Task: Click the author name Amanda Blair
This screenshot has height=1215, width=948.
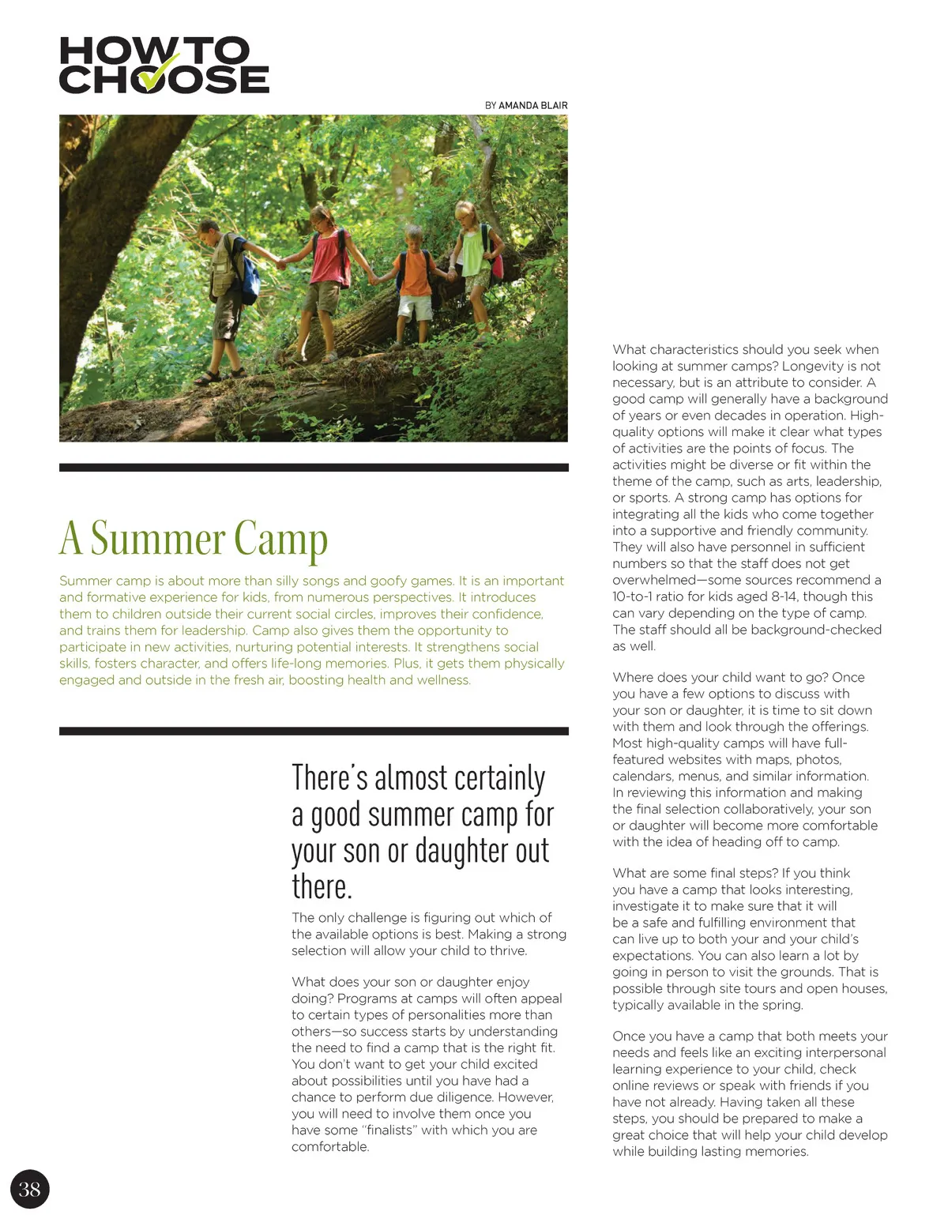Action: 532,105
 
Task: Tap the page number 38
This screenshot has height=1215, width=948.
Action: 29,1189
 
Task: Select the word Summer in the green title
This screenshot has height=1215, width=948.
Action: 157,540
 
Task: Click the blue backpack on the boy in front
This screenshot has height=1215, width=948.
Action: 250,272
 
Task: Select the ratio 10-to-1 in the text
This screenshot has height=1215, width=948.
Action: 637,596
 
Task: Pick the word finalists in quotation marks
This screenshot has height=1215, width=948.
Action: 389,1130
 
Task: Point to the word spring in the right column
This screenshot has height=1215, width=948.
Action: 781,1005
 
